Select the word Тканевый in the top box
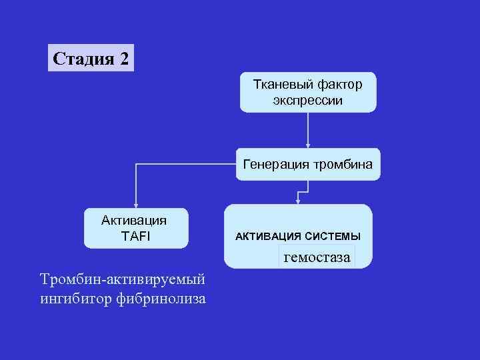[x=278, y=85]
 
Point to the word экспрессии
[x=307, y=100]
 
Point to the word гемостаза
[x=317, y=256]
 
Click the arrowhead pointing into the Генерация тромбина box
[x=307, y=144]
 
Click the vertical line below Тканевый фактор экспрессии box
[x=307, y=127]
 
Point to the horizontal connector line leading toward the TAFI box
[x=187, y=162]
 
